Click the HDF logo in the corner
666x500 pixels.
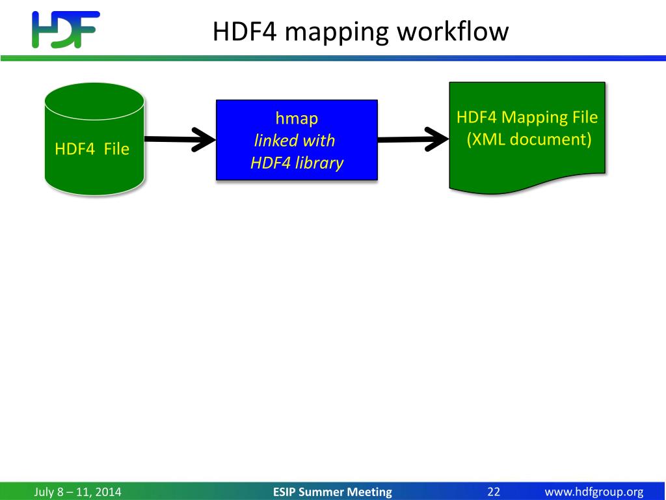tap(65, 29)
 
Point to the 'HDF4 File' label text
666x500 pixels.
tap(92, 149)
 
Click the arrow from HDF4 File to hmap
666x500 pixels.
tap(180, 139)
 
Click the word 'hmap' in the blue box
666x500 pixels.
tap(297, 118)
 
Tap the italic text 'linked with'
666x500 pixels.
tap(294, 141)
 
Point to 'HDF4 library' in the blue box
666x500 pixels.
tap(297, 163)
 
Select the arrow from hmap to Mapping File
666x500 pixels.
tap(413, 139)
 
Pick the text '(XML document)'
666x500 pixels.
tap(529, 139)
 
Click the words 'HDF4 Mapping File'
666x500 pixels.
tap(527, 118)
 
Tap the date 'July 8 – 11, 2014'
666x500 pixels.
tap(77, 492)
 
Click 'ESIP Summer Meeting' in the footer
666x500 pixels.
tap(332, 492)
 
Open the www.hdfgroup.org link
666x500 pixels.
tap(594, 492)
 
